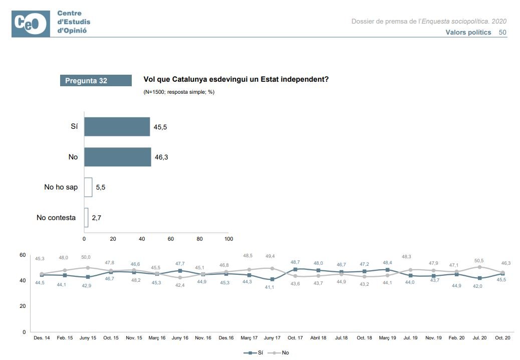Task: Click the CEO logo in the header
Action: [x=31, y=24]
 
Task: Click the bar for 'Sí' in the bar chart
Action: [x=117, y=127]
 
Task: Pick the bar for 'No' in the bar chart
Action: [x=118, y=157]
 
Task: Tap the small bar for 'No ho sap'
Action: [x=88, y=187]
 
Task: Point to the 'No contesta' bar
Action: [x=86, y=218]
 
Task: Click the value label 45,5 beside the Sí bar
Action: [x=160, y=127]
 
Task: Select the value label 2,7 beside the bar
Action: [x=96, y=218]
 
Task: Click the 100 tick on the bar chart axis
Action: [x=228, y=239]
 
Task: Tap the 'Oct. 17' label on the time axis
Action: [x=295, y=338]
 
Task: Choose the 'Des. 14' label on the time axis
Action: [x=42, y=338]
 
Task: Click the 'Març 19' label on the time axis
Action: [x=387, y=338]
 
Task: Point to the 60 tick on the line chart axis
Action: [x=22, y=255]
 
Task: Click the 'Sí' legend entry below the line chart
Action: [x=254, y=353]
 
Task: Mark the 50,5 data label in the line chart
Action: [x=479, y=260]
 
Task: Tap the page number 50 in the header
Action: [x=502, y=32]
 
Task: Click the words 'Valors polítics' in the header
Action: [x=468, y=32]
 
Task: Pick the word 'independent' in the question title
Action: [x=304, y=79]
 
